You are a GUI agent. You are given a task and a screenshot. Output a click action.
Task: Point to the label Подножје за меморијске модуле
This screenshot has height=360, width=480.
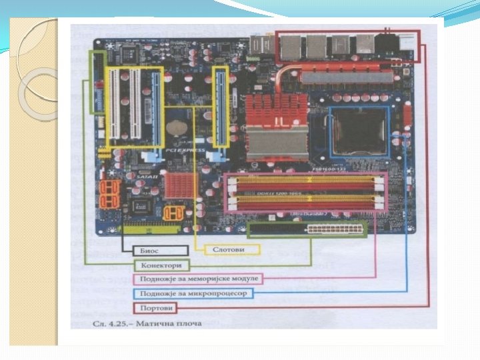199,278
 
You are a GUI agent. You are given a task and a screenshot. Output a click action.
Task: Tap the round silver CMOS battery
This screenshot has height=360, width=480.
177,126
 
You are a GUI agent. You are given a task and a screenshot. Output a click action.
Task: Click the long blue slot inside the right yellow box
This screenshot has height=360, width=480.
220,106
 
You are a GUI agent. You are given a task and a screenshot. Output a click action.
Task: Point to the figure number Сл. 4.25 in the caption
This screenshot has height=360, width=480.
101,324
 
